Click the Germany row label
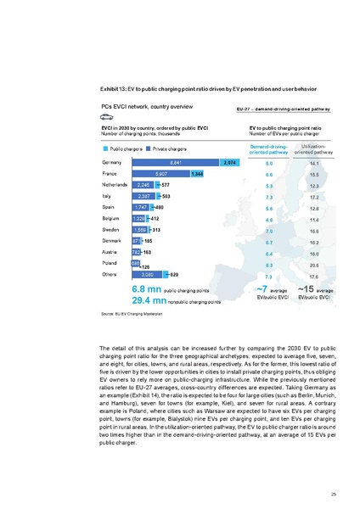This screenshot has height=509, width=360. click(x=111, y=162)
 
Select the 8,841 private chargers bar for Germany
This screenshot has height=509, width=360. click(x=175, y=162)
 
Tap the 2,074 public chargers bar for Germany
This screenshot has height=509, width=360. click(x=228, y=162)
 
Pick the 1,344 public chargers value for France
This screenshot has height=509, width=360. click(x=197, y=174)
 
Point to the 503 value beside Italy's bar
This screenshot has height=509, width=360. click(x=166, y=196)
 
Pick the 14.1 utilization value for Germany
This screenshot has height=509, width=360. click(x=313, y=162)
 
